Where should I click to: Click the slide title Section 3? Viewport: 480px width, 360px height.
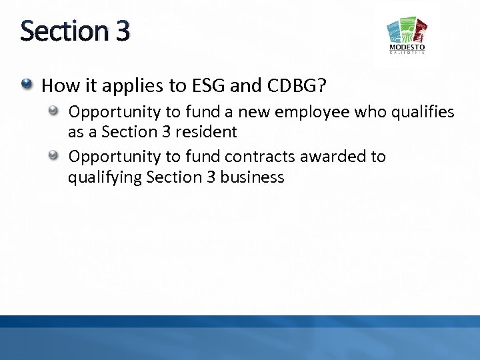75,31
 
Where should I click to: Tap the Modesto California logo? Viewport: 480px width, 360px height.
407,37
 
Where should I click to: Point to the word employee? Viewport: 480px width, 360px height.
317,111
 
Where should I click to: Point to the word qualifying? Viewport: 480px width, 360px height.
105,178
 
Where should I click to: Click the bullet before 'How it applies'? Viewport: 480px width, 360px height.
27,85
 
